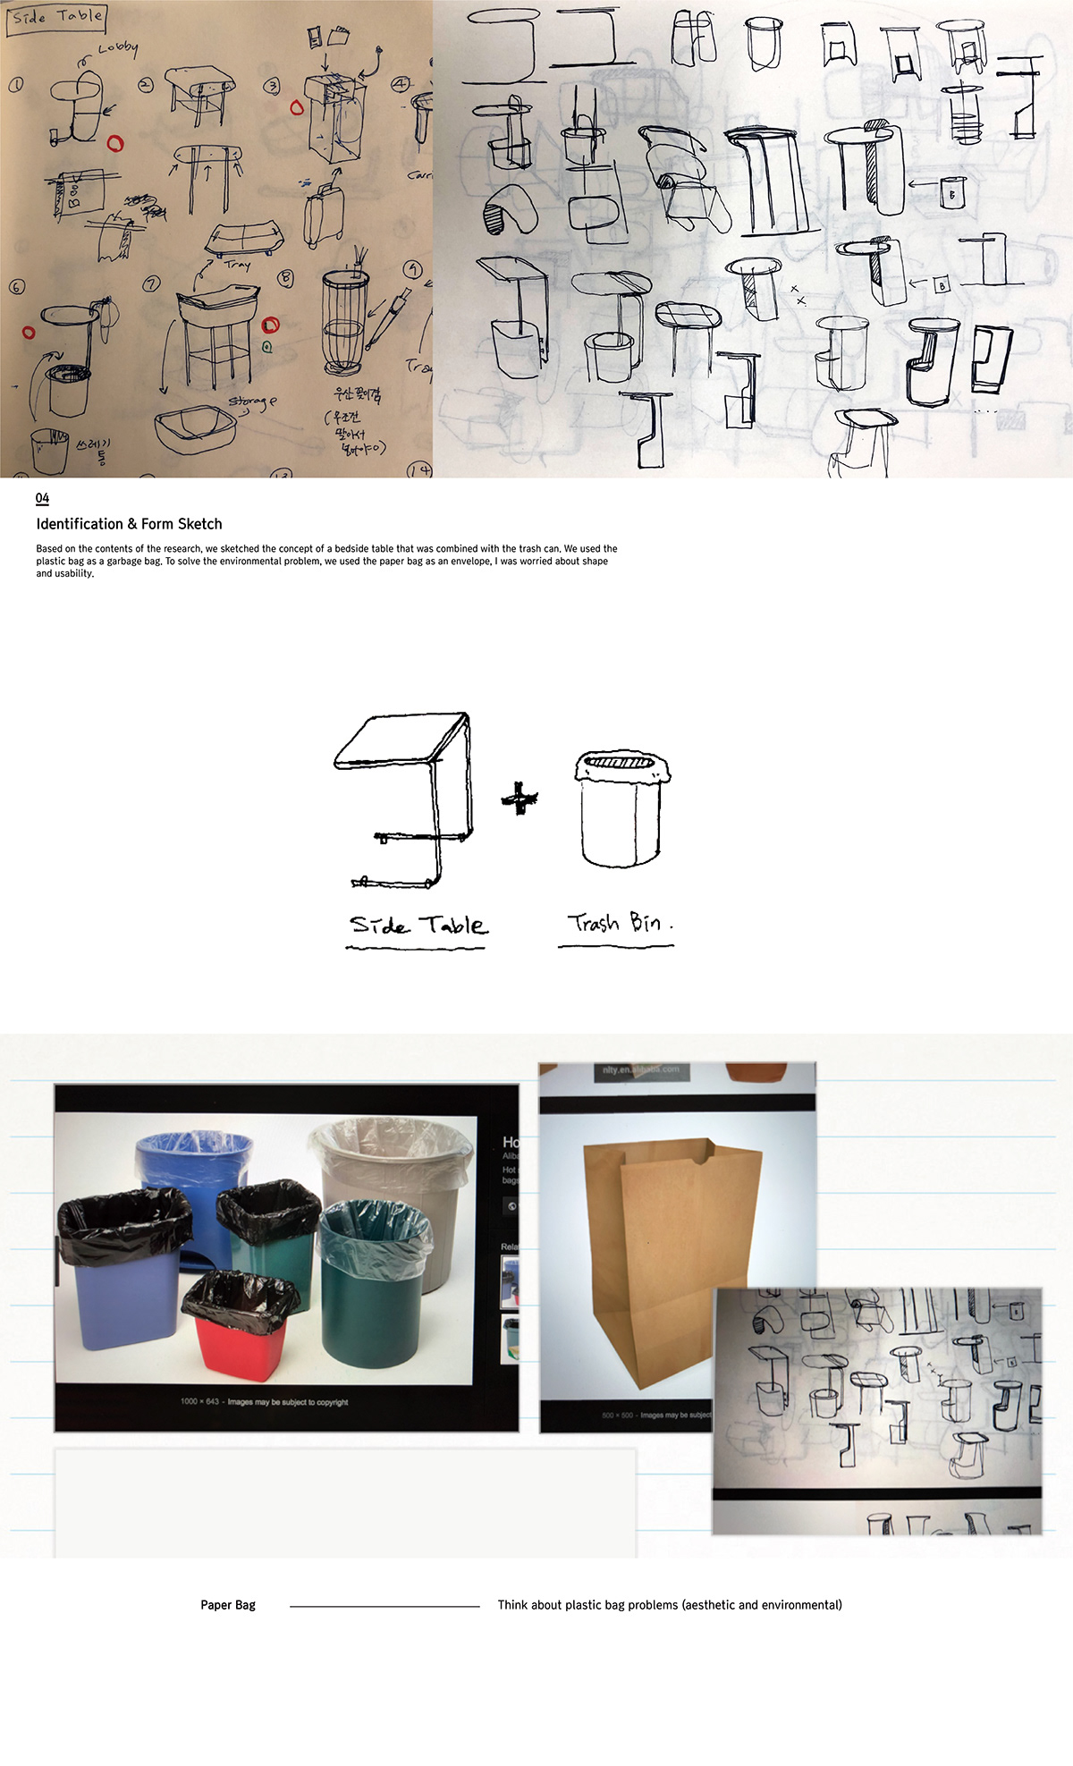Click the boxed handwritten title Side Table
[x=57, y=17]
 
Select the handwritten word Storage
[x=252, y=402]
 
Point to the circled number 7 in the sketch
[x=152, y=284]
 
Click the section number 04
[x=42, y=498]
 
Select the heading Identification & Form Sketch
[x=129, y=524]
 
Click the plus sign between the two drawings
[x=520, y=798]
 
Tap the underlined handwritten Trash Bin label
[x=616, y=923]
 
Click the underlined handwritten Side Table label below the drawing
[x=418, y=925]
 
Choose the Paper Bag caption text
[x=227, y=1605]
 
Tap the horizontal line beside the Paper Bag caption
[x=384, y=1606]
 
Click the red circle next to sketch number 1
[x=114, y=143]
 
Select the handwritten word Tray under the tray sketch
[x=237, y=264]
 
